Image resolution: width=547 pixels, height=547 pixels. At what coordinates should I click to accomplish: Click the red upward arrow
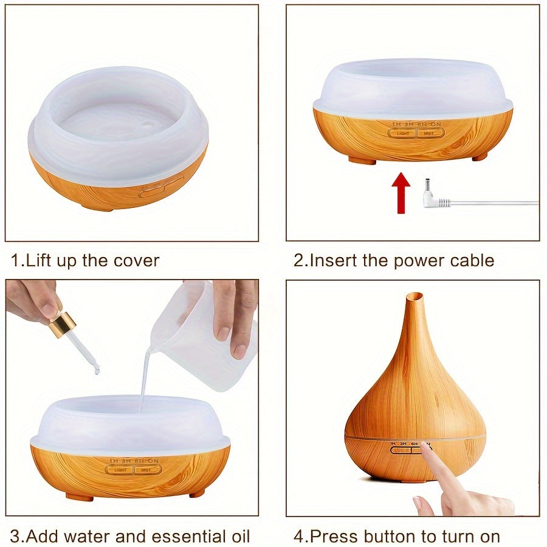(x=401, y=193)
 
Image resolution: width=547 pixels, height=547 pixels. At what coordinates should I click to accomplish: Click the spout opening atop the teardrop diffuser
(x=415, y=296)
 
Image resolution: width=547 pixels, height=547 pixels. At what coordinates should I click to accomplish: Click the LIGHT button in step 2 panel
(x=402, y=132)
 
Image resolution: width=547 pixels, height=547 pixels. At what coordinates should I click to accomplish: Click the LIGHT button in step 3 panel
(x=120, y=469)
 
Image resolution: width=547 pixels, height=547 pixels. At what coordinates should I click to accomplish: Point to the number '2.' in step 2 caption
(x=300, y=261)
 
